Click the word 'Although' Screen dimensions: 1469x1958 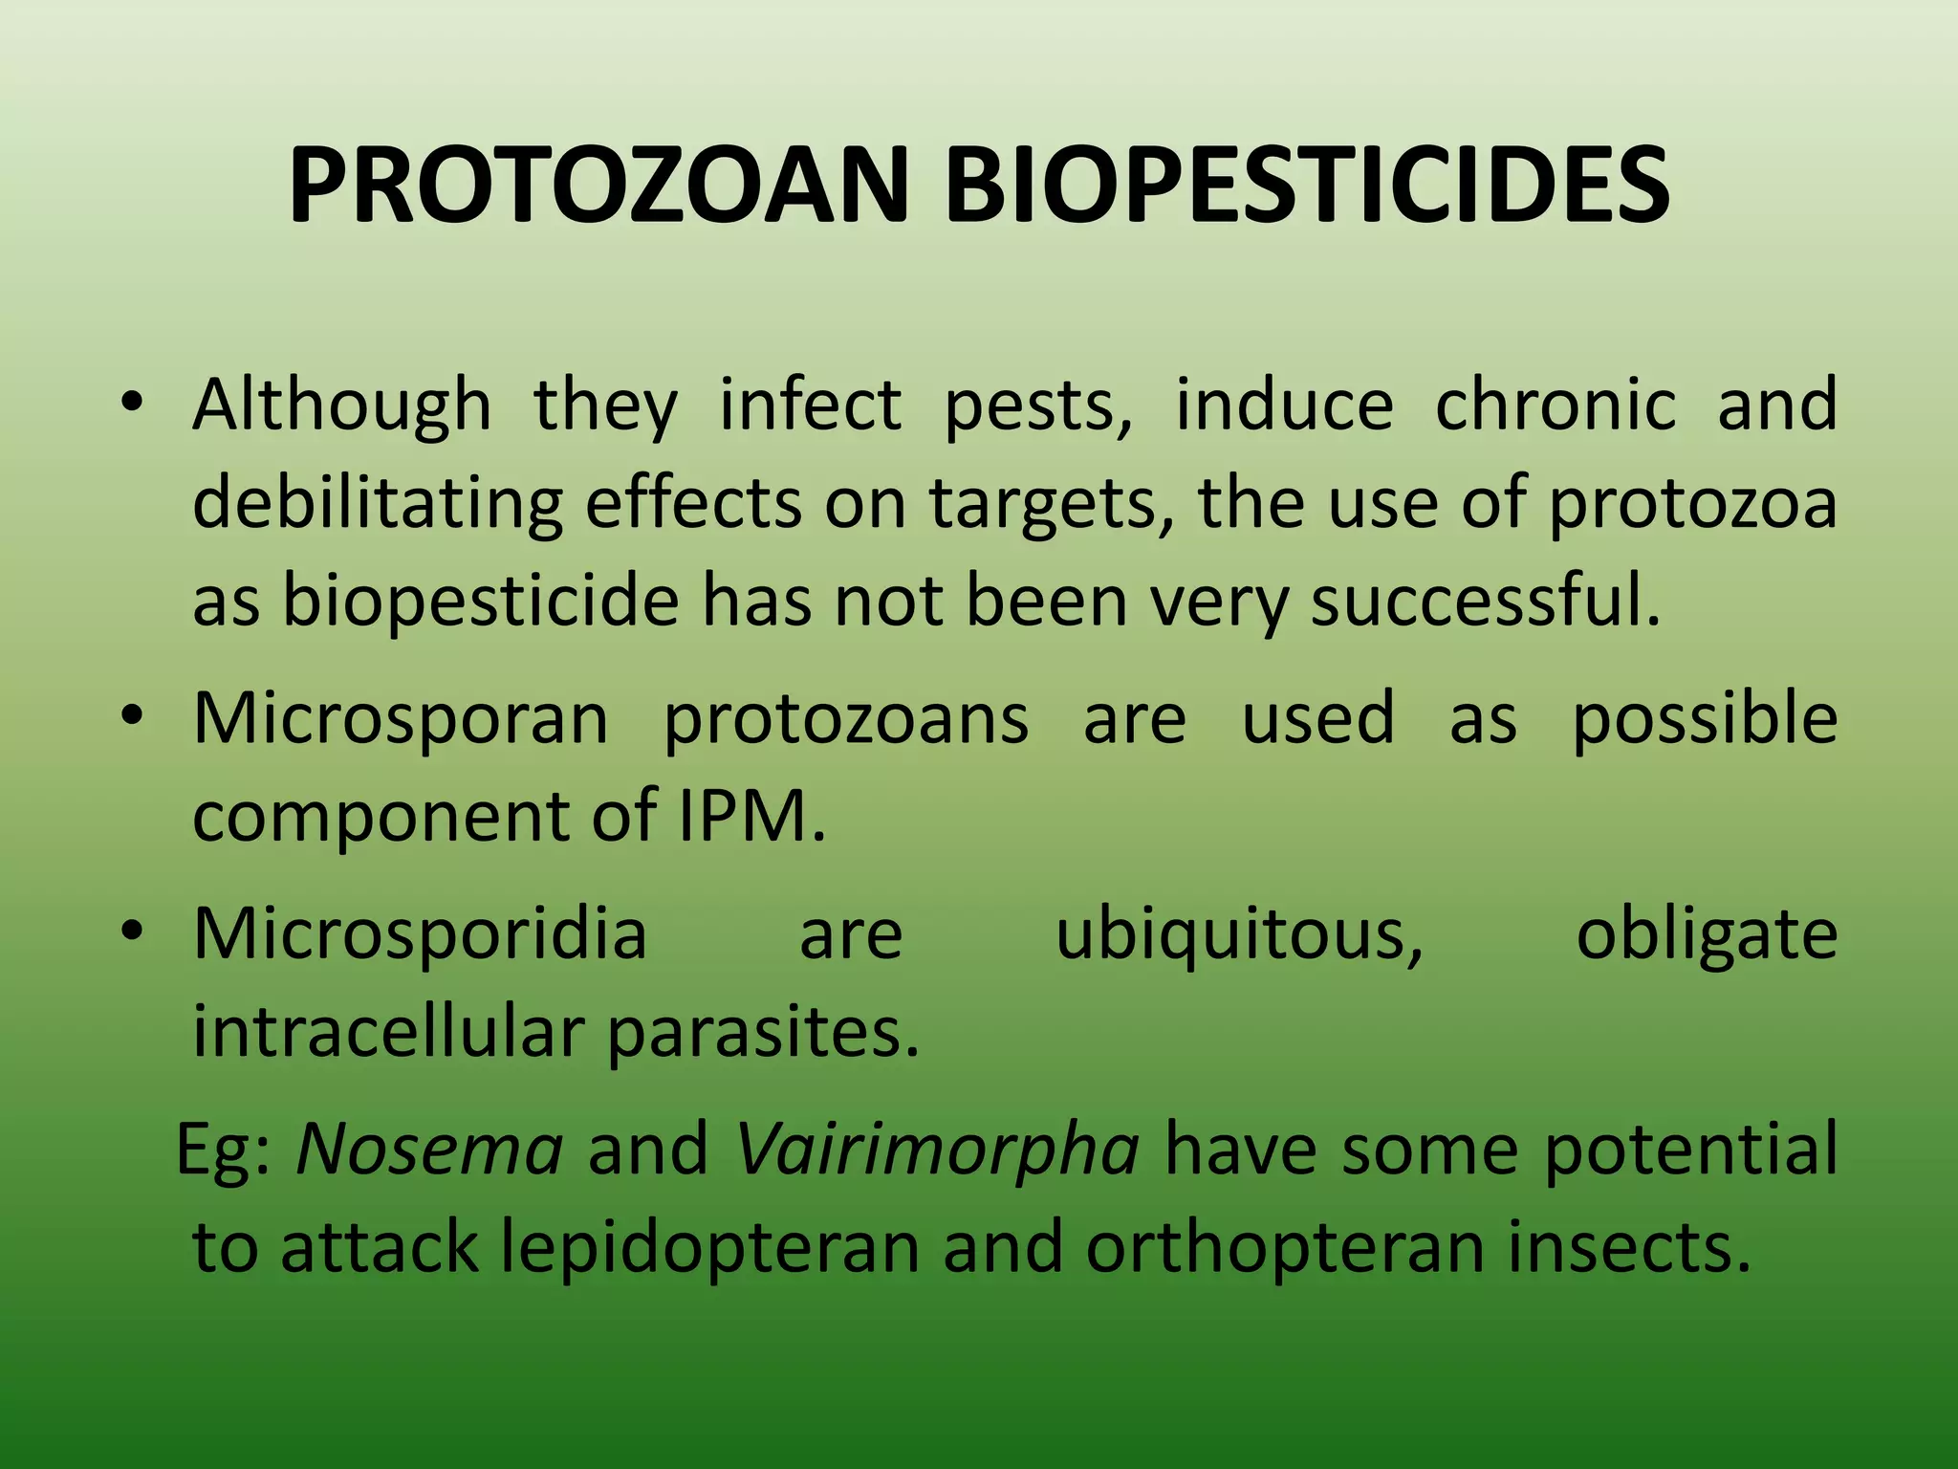point(341,405)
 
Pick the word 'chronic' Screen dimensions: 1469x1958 point(1556,405)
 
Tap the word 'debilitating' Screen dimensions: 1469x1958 point(378,504)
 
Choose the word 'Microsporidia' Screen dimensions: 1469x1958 point(420,933)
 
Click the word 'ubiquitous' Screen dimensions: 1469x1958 point(1239,933)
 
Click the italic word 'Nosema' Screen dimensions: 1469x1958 point(429,1149)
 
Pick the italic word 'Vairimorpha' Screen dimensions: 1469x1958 point(937,1149)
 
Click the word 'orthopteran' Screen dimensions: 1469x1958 point(1285,1248)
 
